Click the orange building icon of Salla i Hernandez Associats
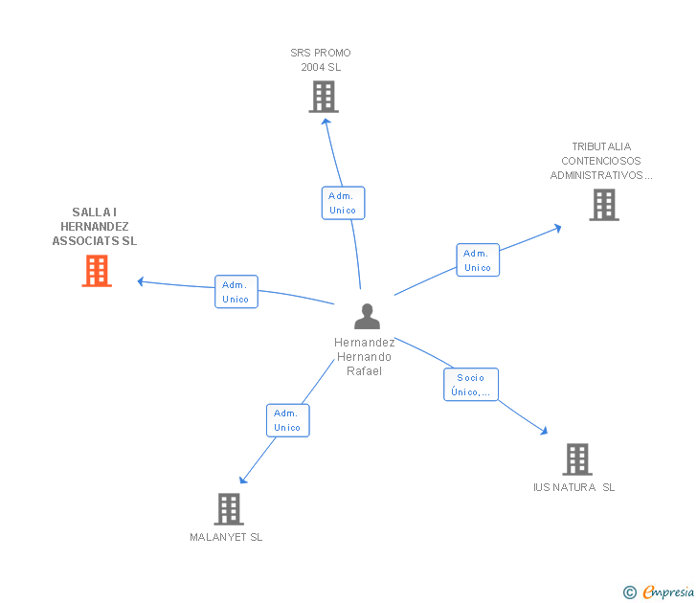[x=96, y=271]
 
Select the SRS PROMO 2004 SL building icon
[x=324, y=97]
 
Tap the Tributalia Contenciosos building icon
[x=603, y=205]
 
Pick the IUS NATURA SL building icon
[x=576, y=459]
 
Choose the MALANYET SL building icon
[x=228, y=509]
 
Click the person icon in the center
[x=367, y=316]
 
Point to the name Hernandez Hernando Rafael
[x=364, y=356]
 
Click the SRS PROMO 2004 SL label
[x=321, y=60]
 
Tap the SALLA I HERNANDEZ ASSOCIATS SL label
[x=95, y=227]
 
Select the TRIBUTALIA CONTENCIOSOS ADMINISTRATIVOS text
[x=601, y=161]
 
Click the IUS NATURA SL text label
[x=574, y=487]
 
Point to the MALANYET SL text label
[x=226, y=537]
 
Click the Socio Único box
[x=471, y=385]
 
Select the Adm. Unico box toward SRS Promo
[x=343, y=203]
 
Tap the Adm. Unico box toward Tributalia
[x=477, y=260]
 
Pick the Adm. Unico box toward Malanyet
[x=287, y=420]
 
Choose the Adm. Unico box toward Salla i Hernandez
[x=236, y=292]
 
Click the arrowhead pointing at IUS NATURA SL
[x=545, y=432]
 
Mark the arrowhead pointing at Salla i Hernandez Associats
[x=141, y=281]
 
